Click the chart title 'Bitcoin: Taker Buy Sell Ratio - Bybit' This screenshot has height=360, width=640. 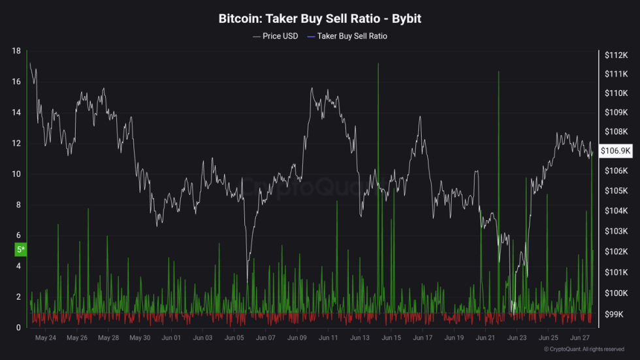[x=319, y=19]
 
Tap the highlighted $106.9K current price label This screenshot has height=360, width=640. [x=615, y=151]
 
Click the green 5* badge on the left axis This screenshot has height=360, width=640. [x=20, y=250]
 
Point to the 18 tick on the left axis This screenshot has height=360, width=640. [x=16, y=51]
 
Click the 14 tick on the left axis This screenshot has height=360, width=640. [x=16, y=112]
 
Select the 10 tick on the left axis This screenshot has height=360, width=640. [x=16, y=174]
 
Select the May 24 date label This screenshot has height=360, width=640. [x=45, y=338]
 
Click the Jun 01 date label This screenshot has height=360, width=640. [x=171, y=338]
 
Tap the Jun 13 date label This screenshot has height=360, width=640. [x=360, y=338]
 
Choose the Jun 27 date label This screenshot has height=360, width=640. [x=580, y=338]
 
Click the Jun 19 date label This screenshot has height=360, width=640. [x=455, y=338]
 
